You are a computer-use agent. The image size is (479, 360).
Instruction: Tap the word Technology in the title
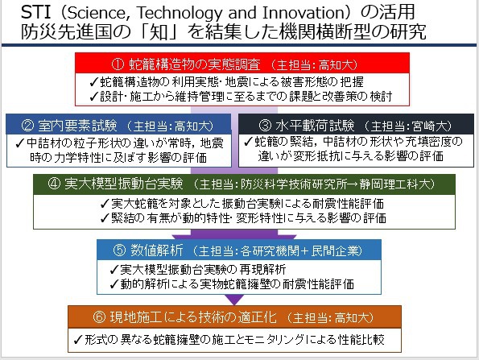click(x=180, y=13)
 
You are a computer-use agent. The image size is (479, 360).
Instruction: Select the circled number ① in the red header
click(x=118, y=64)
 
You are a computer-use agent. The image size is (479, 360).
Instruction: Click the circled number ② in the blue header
click(x=28, y=126)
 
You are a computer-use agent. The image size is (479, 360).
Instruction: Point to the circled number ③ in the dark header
click(x=265, y=126)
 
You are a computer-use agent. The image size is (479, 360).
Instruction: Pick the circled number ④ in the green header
click(x=54, y=184)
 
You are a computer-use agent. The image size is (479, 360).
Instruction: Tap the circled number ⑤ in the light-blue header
click(x=119, y=250)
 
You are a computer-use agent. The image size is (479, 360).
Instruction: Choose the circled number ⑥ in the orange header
click(x=99, y=317)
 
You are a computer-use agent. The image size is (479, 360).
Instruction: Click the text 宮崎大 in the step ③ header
click(x=429, y=126)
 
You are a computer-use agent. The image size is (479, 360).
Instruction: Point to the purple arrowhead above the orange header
click(x=234, y=300)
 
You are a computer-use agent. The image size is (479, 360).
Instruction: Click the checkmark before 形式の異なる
click(x=78, y=339)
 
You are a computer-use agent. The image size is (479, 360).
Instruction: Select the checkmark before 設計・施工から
click(x=94, y=97)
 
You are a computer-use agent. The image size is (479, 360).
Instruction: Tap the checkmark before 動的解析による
click(x=114, y=284)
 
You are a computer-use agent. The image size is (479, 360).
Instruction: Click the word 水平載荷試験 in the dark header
click(x=315, y=126)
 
